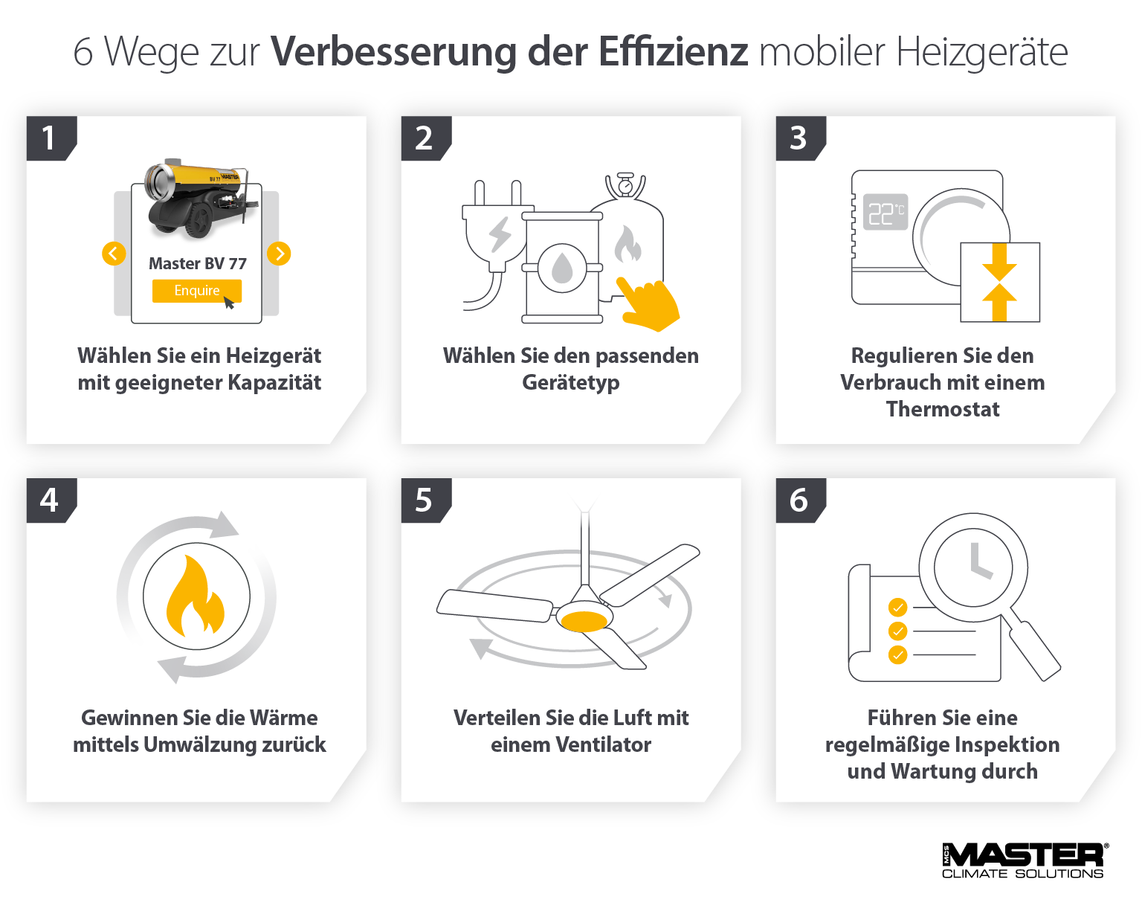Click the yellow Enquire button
coord(196,291)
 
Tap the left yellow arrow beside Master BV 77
coord(113,254)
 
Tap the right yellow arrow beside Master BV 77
coord(279,254)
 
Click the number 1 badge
coord(49,138)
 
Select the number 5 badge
coord(424,501)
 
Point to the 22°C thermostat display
coord(885,213)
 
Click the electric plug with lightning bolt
coord(497,234)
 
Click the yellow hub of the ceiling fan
coord(584,620)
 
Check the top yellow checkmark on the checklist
coord(897,608)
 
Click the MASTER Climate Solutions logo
coord(1023,861)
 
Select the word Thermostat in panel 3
coord(942,409)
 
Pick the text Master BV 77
coord(197,263)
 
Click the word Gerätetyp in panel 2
coord(570,382)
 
